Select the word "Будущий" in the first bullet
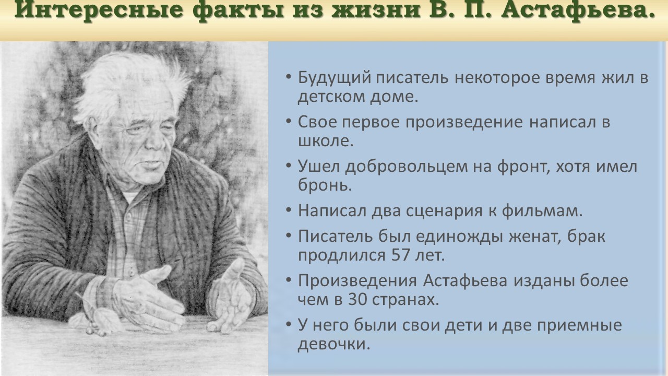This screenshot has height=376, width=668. [335, 78]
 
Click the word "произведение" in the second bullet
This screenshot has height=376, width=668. [464, 123]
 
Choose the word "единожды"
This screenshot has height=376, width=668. [459, 237]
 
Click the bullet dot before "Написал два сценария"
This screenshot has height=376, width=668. [289, 210]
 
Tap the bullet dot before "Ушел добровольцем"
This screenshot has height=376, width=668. [289, 166]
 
